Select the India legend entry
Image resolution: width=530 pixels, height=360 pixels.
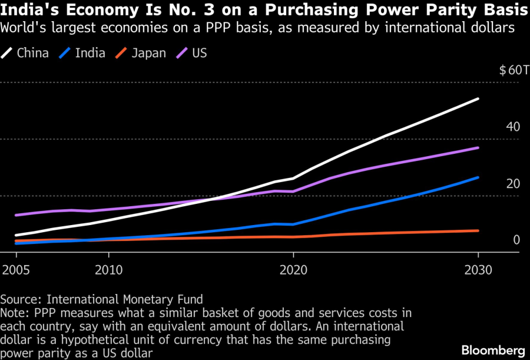[x=82, y=53]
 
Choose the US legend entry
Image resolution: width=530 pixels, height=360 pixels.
[x=192, y=53]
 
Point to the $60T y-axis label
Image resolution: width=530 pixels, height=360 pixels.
[x=510, y=71]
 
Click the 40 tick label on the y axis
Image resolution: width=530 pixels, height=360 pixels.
[x=513, y=127]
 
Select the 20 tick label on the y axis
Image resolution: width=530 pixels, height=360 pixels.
[x=513, y=184]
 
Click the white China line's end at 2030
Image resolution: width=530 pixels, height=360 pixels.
[x=478, y=99]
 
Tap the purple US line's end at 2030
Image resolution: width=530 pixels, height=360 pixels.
[x=478, y=147]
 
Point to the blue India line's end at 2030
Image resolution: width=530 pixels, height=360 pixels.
[x=478, y=177]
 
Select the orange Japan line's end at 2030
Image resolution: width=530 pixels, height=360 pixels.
[x=478, y=230]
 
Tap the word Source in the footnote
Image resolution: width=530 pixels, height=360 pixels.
[x=17, y=299]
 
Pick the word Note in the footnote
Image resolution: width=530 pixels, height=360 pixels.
[x=12, y=312]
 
